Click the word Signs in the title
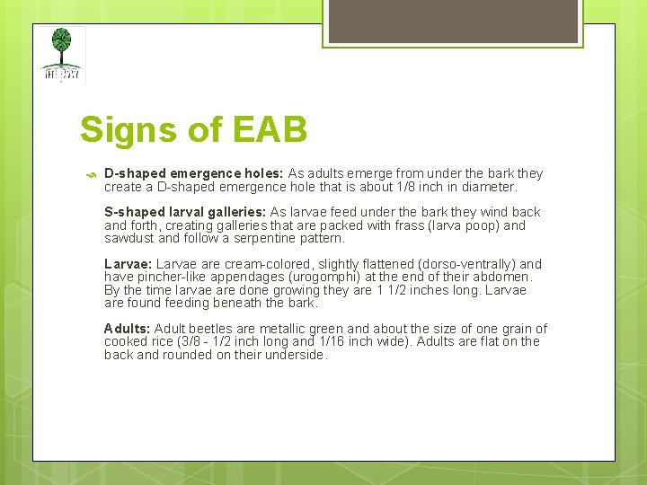tap(129, 129)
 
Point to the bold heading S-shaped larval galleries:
tap(184, 212)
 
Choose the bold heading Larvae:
tap(129, 264)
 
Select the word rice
tap(168, 341)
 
